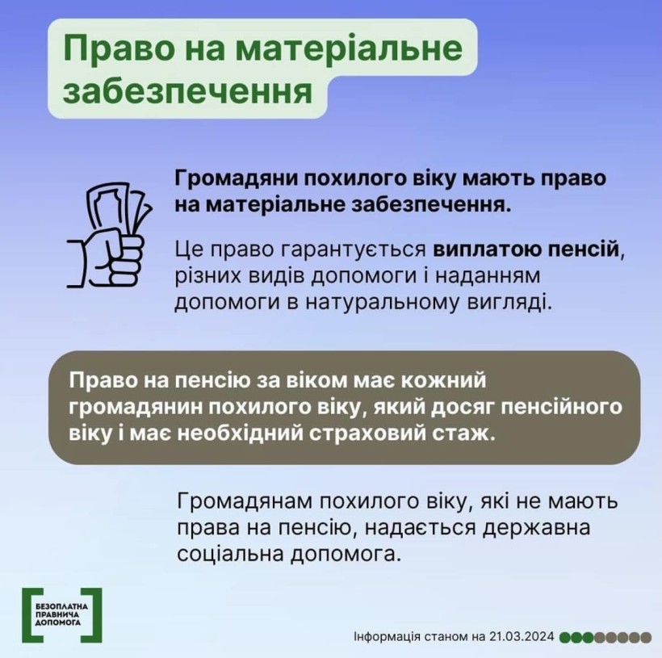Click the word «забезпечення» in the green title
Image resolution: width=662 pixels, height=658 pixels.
pos(188,92)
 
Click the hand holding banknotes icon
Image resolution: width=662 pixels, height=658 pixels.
pos(110,235)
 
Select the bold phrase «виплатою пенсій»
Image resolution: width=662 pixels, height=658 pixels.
pos(526,249)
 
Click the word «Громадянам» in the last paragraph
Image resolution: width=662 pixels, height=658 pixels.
pos(245,501)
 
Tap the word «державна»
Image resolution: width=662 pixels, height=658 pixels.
pos(536,528)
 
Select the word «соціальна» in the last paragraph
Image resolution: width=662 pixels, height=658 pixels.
pos(230,555)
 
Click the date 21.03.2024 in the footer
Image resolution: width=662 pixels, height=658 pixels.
pos(522,636)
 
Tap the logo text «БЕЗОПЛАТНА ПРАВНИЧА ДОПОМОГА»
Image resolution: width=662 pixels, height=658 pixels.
pos(62,614)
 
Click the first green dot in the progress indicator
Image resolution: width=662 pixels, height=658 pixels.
pos(565,637)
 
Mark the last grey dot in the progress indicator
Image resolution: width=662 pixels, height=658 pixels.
pos(646,637)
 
